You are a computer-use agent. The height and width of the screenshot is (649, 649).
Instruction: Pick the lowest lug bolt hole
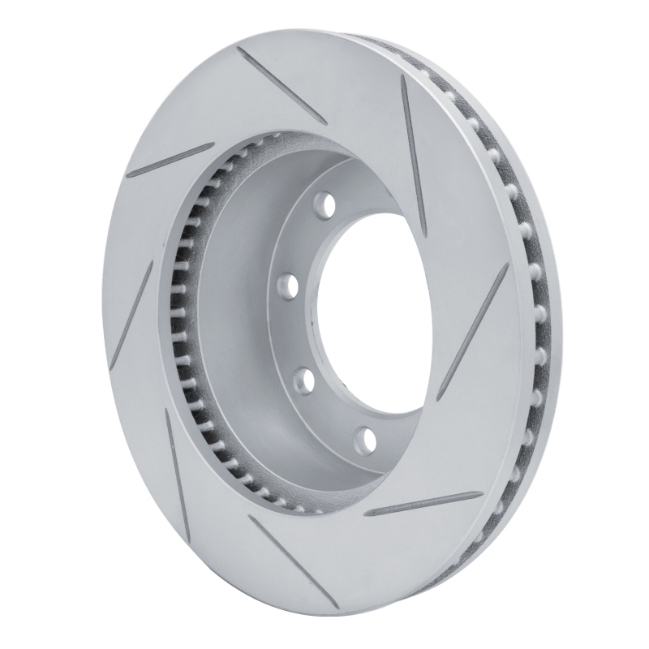tap(367, 439)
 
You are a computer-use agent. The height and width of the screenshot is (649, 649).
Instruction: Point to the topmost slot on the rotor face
tap(281, 84)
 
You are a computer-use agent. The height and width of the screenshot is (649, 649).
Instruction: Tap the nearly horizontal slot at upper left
tap(170, 160)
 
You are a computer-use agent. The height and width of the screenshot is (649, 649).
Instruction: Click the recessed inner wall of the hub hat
tap(235, 324)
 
